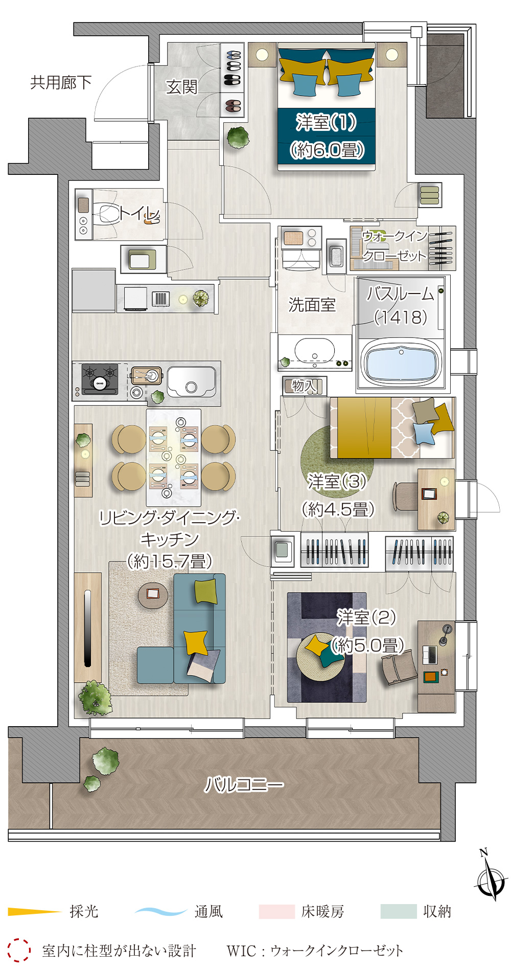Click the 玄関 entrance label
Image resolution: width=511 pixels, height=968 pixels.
tap(181, 87)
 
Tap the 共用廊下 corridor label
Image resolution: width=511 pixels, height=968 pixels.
tap(61, 82)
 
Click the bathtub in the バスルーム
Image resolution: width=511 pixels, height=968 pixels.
tap(401, 362)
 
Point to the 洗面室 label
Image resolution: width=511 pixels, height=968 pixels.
tap(312, 305)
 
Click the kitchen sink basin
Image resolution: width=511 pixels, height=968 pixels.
tap(191, 382)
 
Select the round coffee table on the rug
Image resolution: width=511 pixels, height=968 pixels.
tap(153, 595)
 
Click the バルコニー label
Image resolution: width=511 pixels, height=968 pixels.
tap(244, 784)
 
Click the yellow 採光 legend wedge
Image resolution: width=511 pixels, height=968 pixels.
tap(34, 911)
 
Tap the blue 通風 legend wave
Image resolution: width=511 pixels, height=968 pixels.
tap(160, 911)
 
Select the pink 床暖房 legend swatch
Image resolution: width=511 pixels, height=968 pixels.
tap(277, 912)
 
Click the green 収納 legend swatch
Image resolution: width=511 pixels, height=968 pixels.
tap(399, 912)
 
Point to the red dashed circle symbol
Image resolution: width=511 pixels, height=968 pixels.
tap(19, 950)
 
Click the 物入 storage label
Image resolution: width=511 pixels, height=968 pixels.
tap(304, 386)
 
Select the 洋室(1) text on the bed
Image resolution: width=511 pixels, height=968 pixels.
tap(326, 122)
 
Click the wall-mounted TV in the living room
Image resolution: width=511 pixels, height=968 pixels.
tap(87, 628)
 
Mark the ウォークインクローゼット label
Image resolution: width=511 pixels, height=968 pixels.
tap(394, 246)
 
